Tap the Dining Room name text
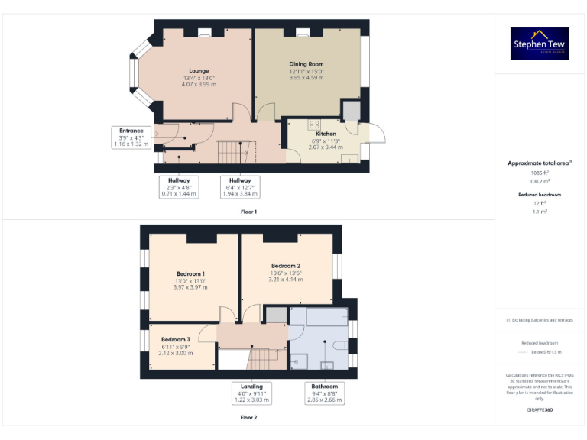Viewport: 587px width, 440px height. click(x=306, y=64)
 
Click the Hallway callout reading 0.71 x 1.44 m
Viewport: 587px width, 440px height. click(x=178, y=187)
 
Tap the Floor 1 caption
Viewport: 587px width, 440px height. click(x=248, y=212)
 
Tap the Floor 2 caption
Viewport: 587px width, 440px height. click(x=248, y=418)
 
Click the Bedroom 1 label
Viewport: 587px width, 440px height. click(x=190, y=273)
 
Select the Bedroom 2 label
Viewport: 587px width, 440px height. click(x=285, y=266)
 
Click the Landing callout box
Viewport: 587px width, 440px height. click(x=251, y=393)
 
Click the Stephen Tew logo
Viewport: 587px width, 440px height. click(x=540, y=44)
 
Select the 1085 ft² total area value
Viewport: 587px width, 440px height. click(x=540, y=173)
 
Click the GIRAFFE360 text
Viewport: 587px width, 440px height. click(x=540, y=410)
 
